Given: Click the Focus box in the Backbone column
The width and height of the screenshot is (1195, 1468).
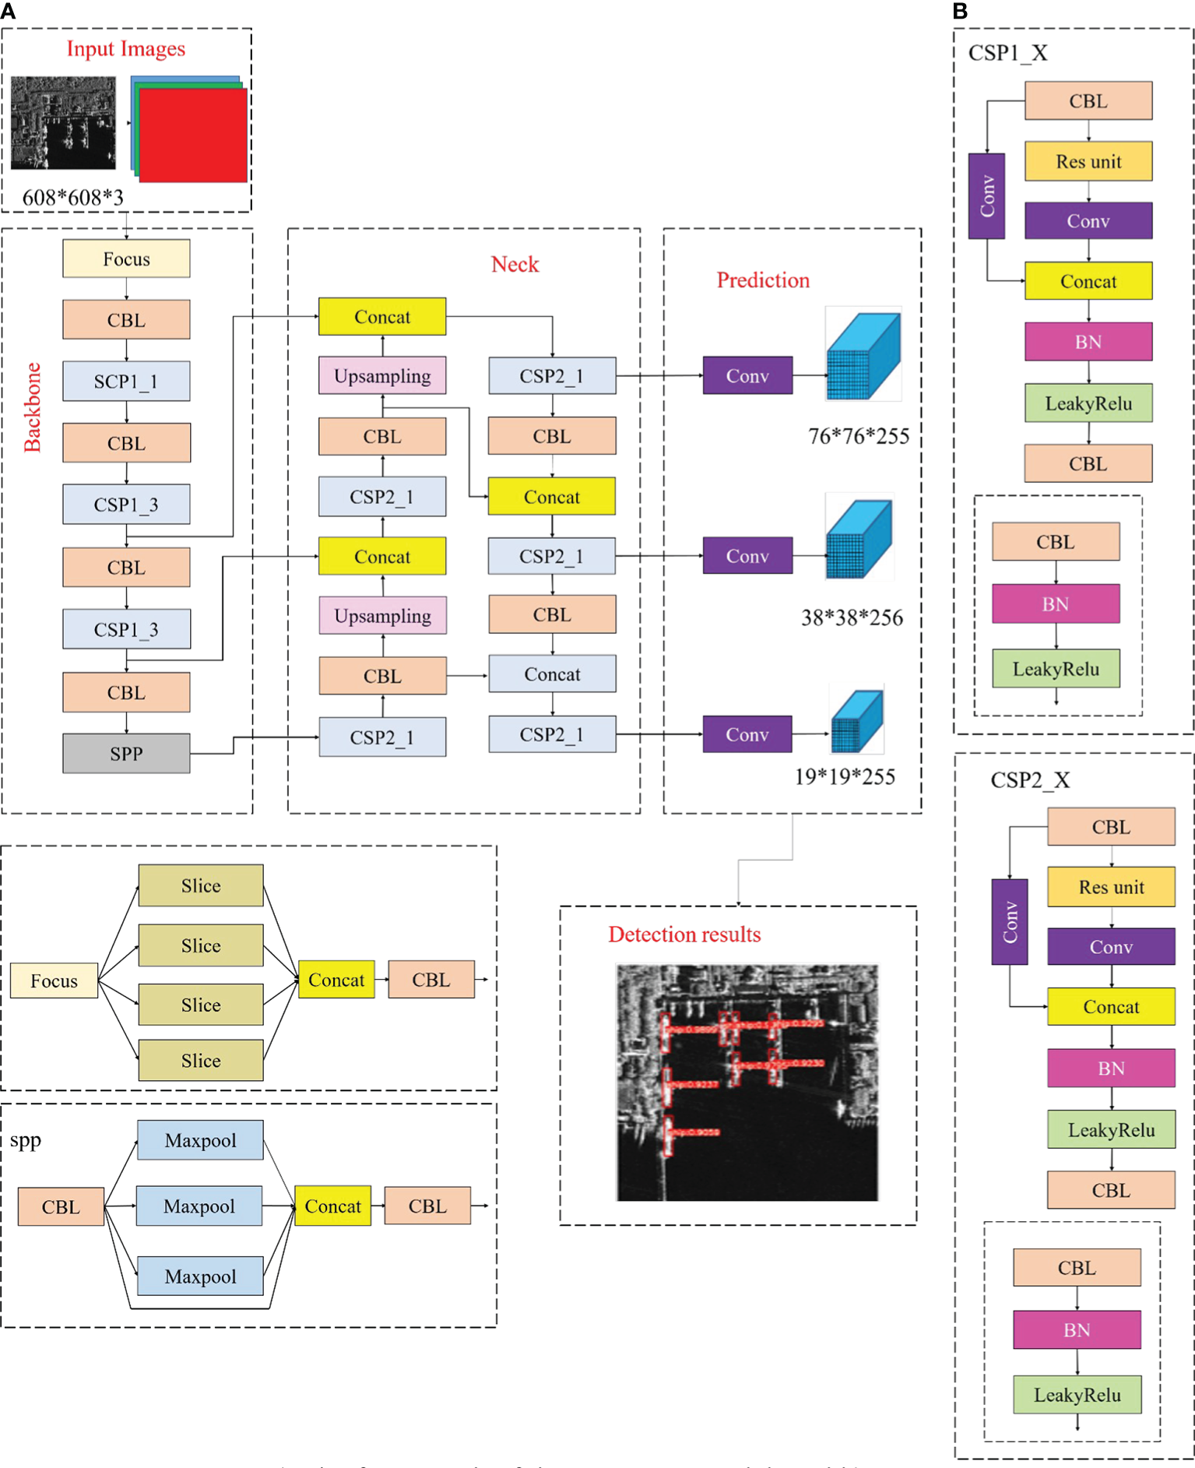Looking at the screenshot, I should point(126,259).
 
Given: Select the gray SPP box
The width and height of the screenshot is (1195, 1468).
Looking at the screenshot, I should point(126,753).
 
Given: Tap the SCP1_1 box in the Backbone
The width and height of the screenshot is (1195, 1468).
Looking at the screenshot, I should point(126,381).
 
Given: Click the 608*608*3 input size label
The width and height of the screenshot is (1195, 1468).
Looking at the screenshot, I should point(72,198).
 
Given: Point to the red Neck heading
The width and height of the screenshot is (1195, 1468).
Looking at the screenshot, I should point(515,265).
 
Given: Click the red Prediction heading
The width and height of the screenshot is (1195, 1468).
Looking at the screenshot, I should point(762,280).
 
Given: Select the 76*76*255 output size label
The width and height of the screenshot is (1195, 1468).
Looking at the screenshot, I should point(858,436).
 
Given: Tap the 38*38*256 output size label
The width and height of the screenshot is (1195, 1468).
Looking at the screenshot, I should point(852,618).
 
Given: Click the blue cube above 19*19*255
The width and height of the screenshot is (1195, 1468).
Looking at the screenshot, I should point(856,721).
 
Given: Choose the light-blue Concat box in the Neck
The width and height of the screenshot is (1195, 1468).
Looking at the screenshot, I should point(552,674).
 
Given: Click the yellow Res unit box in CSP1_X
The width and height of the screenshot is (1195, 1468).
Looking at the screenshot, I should point(1088,161).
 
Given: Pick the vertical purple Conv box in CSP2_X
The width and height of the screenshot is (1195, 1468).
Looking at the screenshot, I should point(1009,921).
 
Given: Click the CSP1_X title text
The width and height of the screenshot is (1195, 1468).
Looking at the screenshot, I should point(1007,53).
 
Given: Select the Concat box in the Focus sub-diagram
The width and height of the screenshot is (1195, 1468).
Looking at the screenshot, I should point(336,980).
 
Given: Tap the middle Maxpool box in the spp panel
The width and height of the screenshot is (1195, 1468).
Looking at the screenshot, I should point(199,1206).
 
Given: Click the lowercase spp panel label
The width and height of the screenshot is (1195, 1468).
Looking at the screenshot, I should point(26,1140).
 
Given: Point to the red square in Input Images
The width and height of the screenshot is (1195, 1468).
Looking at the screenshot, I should point(193,136).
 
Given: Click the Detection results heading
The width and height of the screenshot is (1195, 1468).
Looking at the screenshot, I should point(684,935).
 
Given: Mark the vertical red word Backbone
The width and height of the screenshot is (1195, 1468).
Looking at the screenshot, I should point(32,407).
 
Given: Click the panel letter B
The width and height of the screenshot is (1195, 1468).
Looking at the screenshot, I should point(960,11).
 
